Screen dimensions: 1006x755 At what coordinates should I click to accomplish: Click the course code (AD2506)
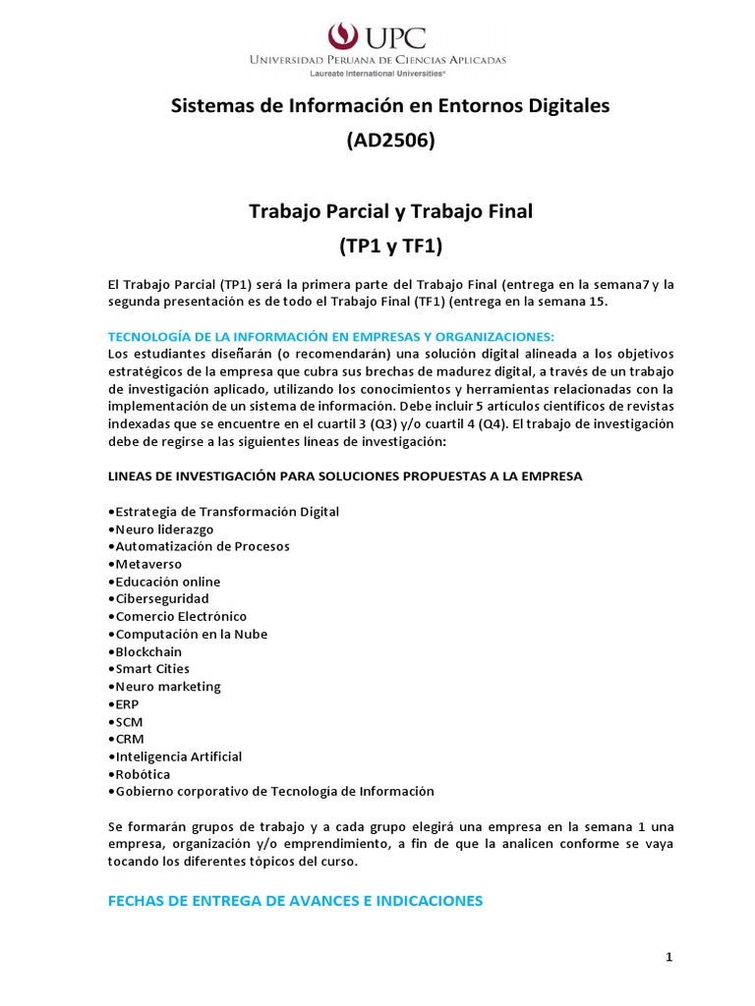click(390, 140)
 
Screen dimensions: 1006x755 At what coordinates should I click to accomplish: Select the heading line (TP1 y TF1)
click(390, 246)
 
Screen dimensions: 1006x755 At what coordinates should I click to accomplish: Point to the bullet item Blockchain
click(148, 651)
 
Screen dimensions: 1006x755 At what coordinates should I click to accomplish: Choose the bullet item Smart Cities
click(152, 669)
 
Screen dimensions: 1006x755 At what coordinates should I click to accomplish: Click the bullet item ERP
click(129, 704)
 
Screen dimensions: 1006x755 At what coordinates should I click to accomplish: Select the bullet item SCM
click(129, 722)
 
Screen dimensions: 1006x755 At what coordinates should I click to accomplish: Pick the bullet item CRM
click(129, 739)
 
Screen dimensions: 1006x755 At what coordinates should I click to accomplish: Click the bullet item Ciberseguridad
click(161, 598)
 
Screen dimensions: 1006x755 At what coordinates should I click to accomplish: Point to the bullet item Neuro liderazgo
click(164, 529)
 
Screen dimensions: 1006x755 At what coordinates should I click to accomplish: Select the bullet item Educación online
click(167, 582)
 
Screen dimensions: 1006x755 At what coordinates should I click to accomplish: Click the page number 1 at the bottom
click(668, 959)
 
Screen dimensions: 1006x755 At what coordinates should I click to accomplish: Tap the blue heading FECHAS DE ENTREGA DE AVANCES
click(295, 900)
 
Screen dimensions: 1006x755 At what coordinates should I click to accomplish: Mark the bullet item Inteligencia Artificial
click(178, 756)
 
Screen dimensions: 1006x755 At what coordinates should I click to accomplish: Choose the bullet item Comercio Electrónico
click(177, 616)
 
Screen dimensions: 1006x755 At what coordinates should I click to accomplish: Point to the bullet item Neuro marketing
click(167, 687)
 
